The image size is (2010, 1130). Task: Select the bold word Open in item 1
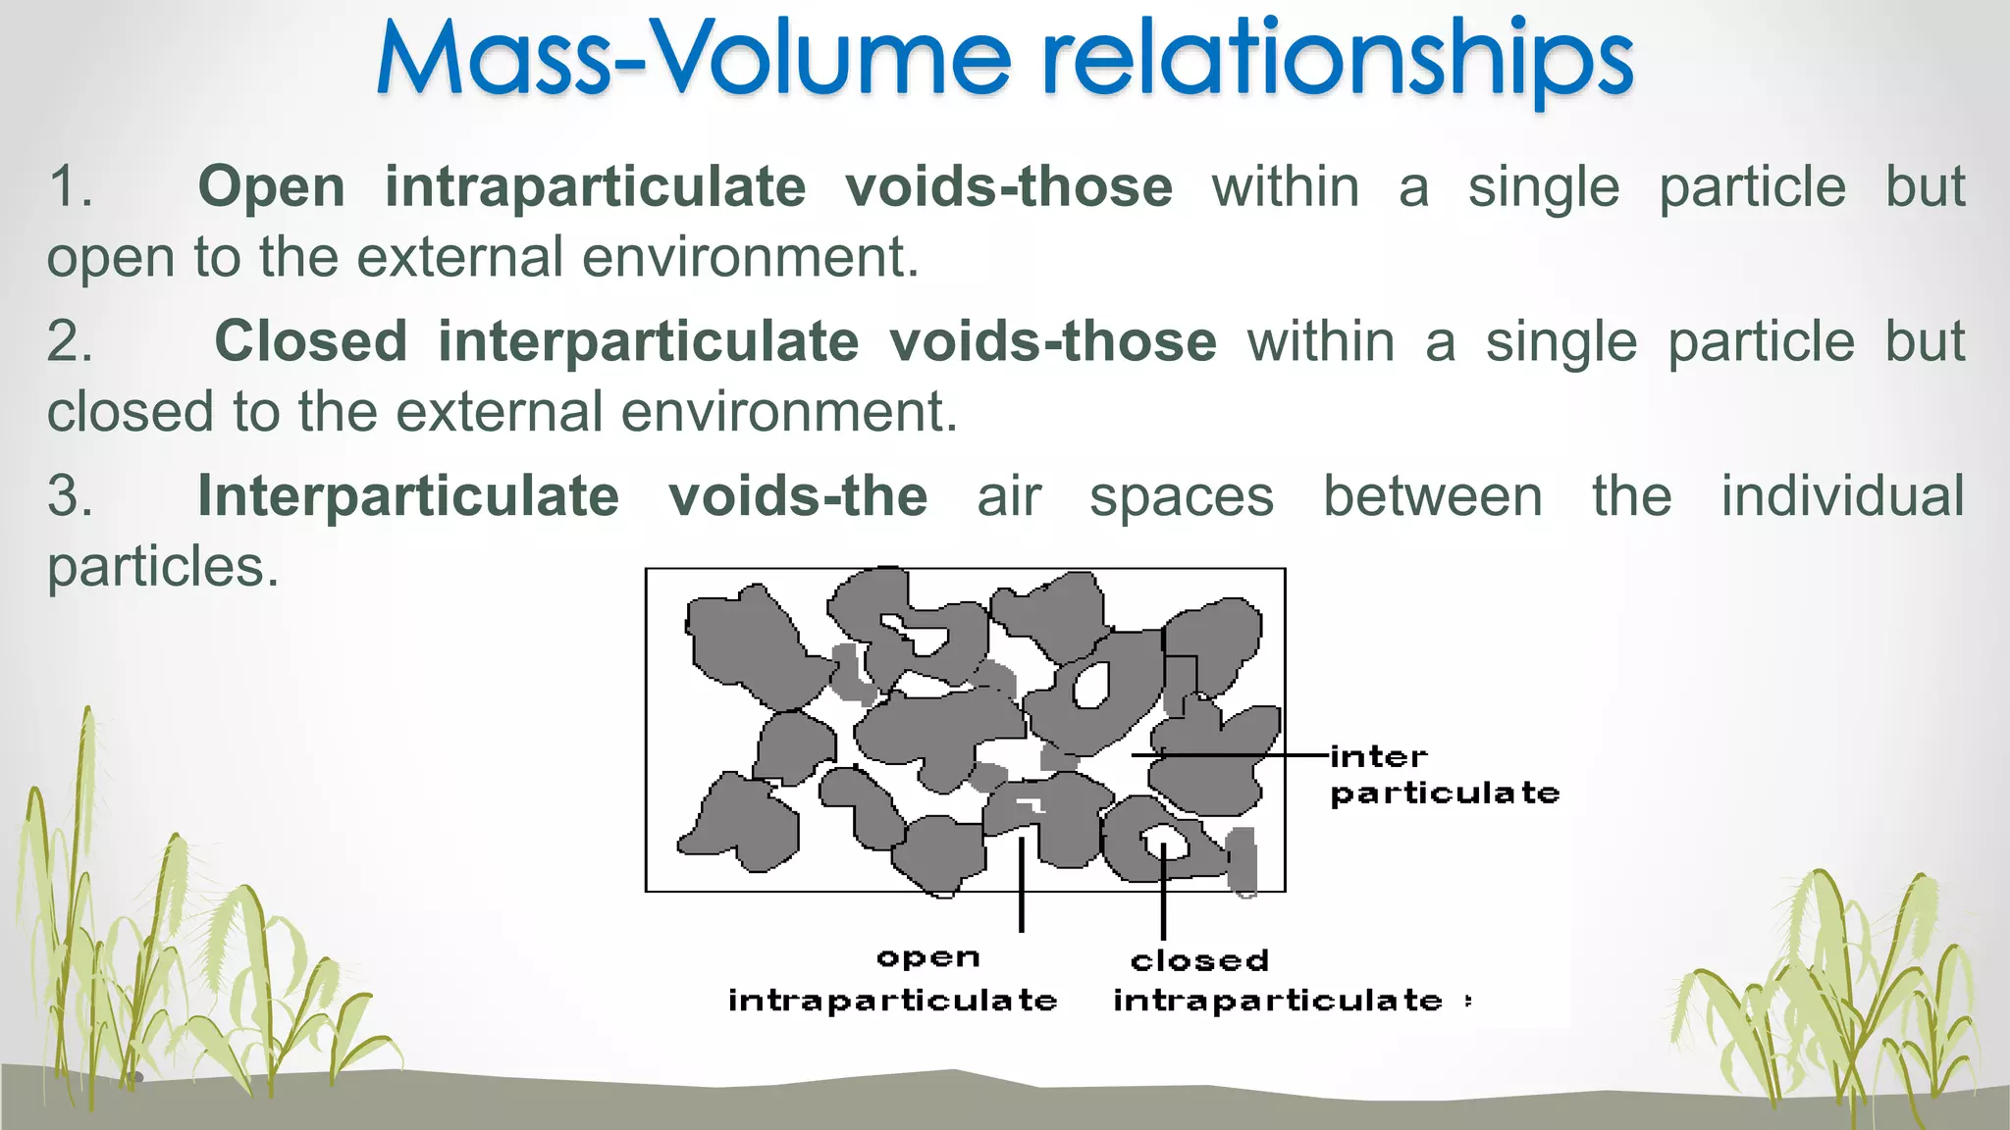point(272,186)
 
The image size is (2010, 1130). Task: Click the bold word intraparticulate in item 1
point(595,186)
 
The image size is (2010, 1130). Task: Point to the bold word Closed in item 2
point(311,341)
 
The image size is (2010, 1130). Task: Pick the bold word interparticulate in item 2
point(648,341)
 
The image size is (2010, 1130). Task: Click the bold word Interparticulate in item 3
point(408,495)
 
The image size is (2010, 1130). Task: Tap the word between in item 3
point(1432,495)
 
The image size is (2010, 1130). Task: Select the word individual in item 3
point(1842,495)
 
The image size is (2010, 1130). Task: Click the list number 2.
point(70,341)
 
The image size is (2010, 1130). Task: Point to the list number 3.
point(70,495)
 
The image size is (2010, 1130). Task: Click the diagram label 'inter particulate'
point(1443,775)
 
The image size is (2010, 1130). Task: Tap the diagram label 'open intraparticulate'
point(893,979)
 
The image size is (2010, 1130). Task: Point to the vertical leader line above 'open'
point(1022,883)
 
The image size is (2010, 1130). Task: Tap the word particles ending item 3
point(162,566)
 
